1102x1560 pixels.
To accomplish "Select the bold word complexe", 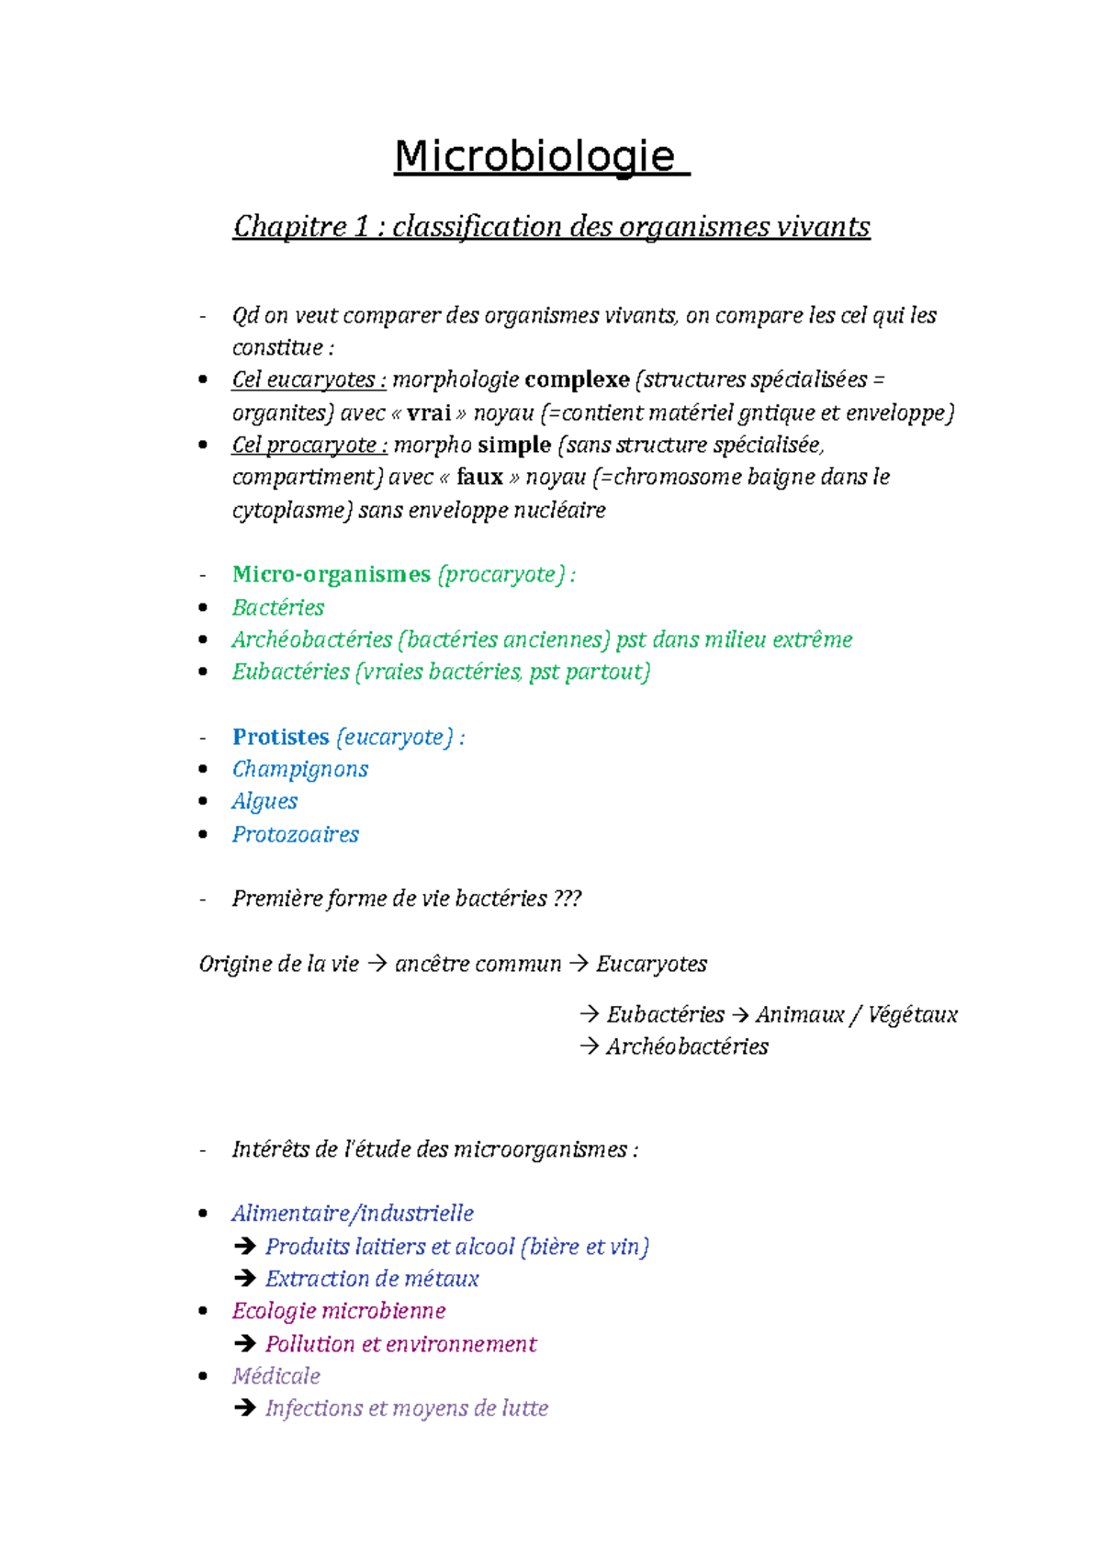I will coord(577,379).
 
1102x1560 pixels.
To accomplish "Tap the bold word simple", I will coord(514,445).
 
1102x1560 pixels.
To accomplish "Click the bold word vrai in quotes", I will coord(428,413).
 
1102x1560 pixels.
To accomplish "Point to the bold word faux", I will coord(479,477).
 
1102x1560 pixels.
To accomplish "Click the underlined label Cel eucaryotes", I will coord(309,379).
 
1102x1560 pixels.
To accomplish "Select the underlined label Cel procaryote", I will coord(309,445).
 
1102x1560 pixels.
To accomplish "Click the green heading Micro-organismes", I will coord(331,574).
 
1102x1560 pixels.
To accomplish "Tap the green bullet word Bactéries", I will coord(278,607).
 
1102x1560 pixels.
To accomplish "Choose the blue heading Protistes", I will coord(280,737).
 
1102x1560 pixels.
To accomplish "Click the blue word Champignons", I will coord(299,769).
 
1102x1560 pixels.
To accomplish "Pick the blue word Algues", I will coord(264,801).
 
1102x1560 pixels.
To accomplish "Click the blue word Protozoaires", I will coord(295,834).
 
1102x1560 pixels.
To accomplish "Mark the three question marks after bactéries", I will coord(568,899).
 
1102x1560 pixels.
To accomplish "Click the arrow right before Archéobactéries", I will coord(590,1046).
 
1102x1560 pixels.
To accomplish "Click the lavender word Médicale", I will coord(275,1375).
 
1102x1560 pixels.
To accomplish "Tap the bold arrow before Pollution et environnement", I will coord(244,1343).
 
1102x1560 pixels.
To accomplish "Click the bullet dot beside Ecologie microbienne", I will coord(204,1310).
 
